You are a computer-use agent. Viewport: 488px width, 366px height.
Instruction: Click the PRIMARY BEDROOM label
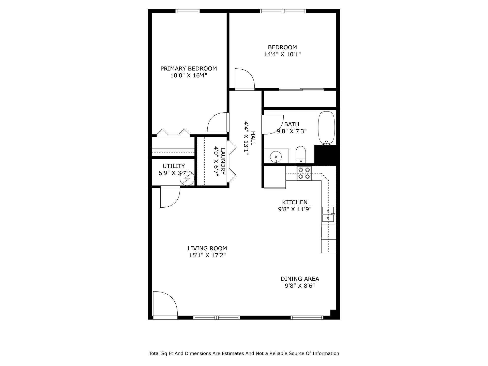pyautogui.click(x=189, y=69)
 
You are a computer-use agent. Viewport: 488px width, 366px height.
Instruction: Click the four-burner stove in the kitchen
pyautogui.click(x=304, y=173)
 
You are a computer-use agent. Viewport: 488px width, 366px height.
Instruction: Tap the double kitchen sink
pyautogui.click(x=328, y=214)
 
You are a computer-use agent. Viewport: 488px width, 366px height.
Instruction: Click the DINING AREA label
pyautogui.click(x=300, y=279)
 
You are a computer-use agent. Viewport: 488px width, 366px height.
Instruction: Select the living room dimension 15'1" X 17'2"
pyautogui.click(x=207, y=255)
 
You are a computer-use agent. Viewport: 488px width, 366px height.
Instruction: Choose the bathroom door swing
pyautogui.click(x=273, y=124)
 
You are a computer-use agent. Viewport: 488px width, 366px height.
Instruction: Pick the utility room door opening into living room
pyautogui.click(x=170, y=197)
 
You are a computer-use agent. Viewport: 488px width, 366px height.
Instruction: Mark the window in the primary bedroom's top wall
pyautogui.click(x=188, y=11)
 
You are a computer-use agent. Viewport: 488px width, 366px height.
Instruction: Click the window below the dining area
pyautogui.click(x=307, y=317)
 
